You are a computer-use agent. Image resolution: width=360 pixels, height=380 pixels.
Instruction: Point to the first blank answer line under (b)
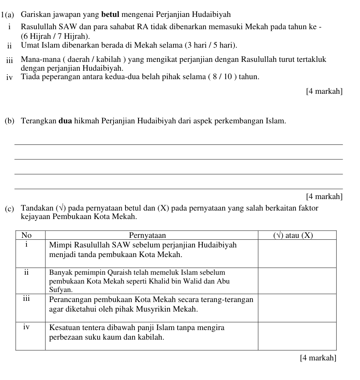(178, 144)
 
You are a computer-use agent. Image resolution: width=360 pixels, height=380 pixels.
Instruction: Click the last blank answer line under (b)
(178, 189)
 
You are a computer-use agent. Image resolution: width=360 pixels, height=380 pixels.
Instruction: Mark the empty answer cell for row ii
(297, 280)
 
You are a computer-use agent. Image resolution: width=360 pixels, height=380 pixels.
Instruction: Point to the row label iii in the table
(26, 298)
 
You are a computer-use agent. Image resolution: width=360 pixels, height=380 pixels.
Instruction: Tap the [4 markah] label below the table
(318, 358)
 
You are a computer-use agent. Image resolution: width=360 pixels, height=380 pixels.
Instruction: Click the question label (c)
(10, 209)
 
